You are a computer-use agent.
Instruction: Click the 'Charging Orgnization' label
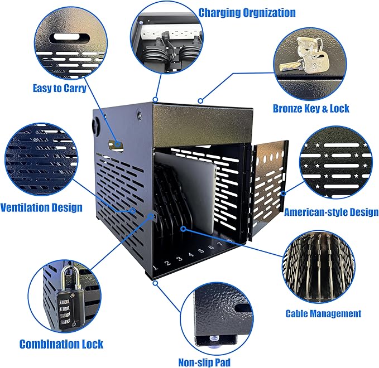pos(247,13)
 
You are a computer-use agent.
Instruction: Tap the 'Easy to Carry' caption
pos(60,88)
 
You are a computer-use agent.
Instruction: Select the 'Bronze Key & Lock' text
pos(311,109)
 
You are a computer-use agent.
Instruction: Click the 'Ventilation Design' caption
pos(41,207)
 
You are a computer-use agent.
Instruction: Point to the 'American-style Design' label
pos(332,212)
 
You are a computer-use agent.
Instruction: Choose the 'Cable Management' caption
pos(323,314)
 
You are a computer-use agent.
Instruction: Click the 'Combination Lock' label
pos(61,344)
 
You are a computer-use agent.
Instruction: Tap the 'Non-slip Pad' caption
pos(204,362)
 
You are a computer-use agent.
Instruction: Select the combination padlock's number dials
pos(65,312)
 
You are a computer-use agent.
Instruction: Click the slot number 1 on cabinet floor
pos(155,267)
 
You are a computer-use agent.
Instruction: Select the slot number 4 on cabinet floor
pos(191,254)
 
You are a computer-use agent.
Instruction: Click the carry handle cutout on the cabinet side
pos(116,146)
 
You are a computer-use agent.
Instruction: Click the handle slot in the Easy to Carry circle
pos(69,38)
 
